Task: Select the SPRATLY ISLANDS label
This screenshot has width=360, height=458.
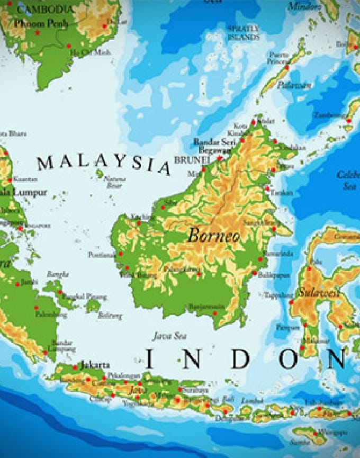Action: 244,33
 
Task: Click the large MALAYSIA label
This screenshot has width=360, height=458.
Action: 104,164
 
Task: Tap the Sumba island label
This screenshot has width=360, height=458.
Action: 299,442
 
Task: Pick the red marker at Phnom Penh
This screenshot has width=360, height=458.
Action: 38,33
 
